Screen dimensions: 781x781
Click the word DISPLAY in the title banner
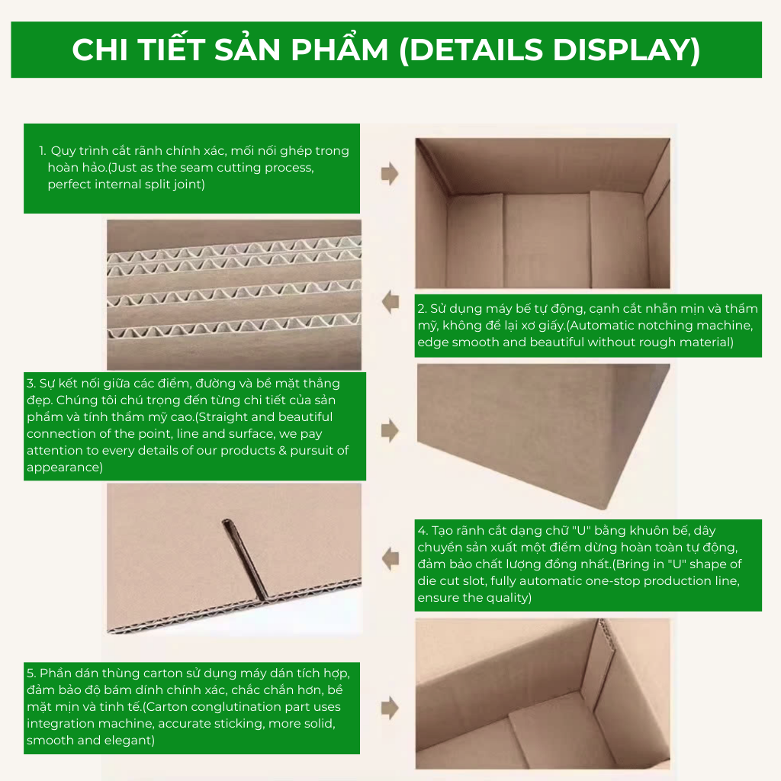(x=626, y=50)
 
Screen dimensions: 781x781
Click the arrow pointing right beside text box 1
(x=390, y=173)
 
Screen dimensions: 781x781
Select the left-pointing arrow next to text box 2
(x=390, y=301)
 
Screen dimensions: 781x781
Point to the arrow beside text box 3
(x=390, y=431)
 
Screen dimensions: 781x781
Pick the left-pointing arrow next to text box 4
(x=390, y=559)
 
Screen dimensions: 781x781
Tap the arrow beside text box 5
(x=390, y=708)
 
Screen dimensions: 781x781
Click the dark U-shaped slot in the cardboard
(x=244, y=559)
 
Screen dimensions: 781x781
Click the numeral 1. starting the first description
(x=43, y=150)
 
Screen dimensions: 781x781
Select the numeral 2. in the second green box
(x=422, y=309)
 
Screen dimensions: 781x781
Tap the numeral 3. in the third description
(x=31, y=384)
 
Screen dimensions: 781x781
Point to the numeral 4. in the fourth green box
(x=423, y=531)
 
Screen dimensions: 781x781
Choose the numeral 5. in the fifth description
(x=31, y=673)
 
